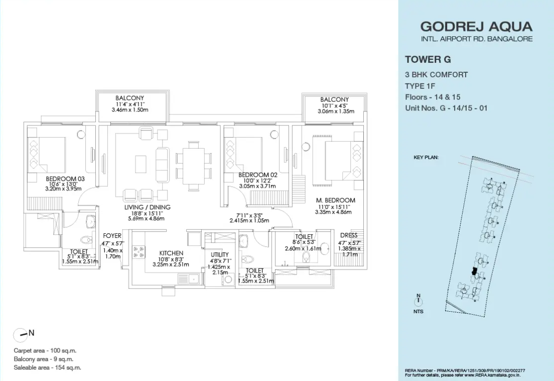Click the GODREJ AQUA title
point(476,27)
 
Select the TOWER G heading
point(428,59)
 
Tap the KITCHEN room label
point(171,253)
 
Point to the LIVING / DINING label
point(148,207)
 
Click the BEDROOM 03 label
point(65,179)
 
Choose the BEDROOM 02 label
point(258,175)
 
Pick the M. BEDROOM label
point(335,200)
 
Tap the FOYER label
point(112,236)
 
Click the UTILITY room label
point(220,255)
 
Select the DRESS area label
point(349,235)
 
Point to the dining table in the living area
point(194,167)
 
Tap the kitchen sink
point(189,280)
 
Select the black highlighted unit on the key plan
point(475,272)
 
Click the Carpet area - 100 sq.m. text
point(45,350)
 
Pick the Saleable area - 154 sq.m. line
point(47,367)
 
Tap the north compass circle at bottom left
point(20,335)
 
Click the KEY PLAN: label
point(426,157)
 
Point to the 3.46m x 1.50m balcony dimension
point(130,110)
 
